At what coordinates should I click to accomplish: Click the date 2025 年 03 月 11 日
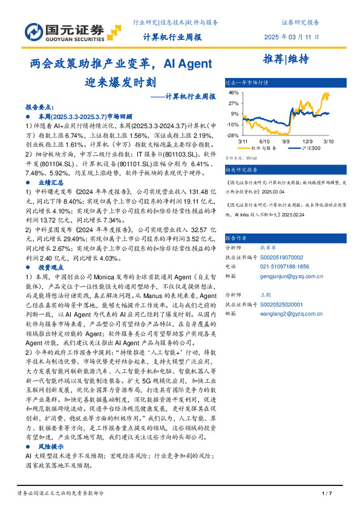pyautogui.click(x=292, y=37)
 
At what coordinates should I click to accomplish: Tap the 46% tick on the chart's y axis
pyautogui.click(x=234, y=93)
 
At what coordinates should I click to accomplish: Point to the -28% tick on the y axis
pyautogui.click(x=232, y=135)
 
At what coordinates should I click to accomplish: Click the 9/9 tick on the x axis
pyautogui.click(x=286, y=140)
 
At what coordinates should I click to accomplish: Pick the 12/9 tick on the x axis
pyautogui.click(x=307, y=140)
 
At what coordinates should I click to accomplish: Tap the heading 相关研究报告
pyautogui.click(x=241, y=170)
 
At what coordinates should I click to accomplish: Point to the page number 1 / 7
pyautogui.click(x=327, y=494)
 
